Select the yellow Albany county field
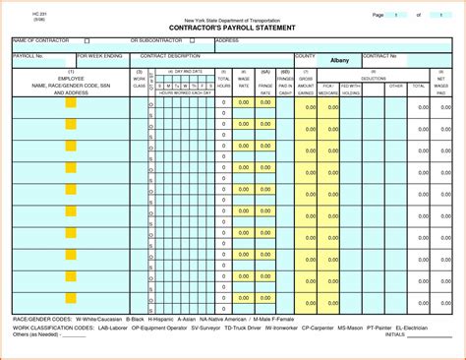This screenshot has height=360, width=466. pyautogui.click(x=339, y=60)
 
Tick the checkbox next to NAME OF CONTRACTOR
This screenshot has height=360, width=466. pyautogui.click(x=87, y=41)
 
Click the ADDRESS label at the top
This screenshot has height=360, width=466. pyautogui.click(x=228, y=41)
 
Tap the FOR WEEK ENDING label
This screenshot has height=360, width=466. pyautogui.click(x=99, y=56)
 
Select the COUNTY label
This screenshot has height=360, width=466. pyautogui.click(x=305, y=56)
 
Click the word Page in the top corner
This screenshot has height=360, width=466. pyautogui.click(x=379, y=15)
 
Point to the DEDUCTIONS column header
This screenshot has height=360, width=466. pyautogui.click(x=373, y=78)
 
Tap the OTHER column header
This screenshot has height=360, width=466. pyautogui.click(x=395, y=86)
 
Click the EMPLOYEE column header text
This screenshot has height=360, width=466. pyautogui.click(x=71, y=78)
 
